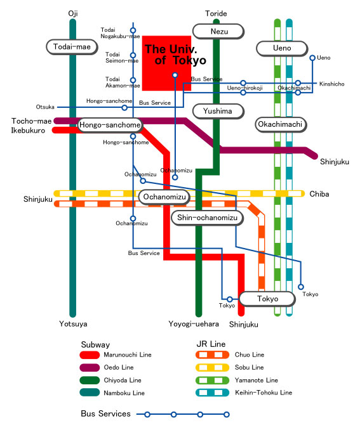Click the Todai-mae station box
pyautogui.click(x=72, y=47)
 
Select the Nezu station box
pyautogui.click(x=218, y=32)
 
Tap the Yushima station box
pyautogui.click(x=218, y=112)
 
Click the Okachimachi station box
pyautogui.click(x=281, y=124)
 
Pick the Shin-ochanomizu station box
pyautogui.click(x=208, y=218)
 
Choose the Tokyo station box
pyautogui.click(x=267, y=299)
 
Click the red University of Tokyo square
pyautogui.click(x=167, y=63)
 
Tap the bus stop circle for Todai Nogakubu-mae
pyautogui.click(x=133, y=30)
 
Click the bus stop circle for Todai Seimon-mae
pyautogui.click(x=133, y=55)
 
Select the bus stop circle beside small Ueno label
pyautogui.click(x=312, y=58)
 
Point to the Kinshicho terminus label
pyautogui.click(x=331, y=84)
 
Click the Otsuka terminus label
pyautogui.click(x=45, y=107)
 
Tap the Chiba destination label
pyautogui.click(x=319, y=194)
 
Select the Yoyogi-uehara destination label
pyautogui.click(x=194, y=324)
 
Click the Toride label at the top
pyautogui.click(x=216, y=13)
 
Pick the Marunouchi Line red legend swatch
pyautogui.click(x=90, y=355)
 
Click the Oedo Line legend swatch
pyautogui.click(x=90, y=367)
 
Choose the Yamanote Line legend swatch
pyautogui.click(x=212, y=381)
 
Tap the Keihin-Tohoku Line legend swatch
pyautogui.click(x=212, y=393)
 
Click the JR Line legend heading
pyautogui.click(x=211, y=344)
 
